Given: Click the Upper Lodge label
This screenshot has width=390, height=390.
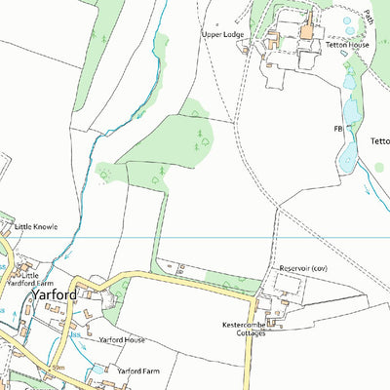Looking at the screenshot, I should point(224,34).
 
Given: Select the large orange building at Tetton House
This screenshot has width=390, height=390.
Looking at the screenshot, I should point(307,31).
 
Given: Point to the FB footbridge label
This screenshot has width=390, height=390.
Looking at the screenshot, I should point(338,128).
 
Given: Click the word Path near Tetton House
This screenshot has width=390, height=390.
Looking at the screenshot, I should point(369,17).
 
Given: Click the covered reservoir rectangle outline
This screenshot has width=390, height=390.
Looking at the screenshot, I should point(287,283).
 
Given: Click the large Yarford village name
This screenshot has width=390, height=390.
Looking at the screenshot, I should point(52,292).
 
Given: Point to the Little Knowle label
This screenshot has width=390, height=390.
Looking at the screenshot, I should point(36,226).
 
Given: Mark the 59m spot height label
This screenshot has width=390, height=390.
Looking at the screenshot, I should point(58,367).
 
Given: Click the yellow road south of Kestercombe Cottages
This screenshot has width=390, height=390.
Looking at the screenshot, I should point(246,366).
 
